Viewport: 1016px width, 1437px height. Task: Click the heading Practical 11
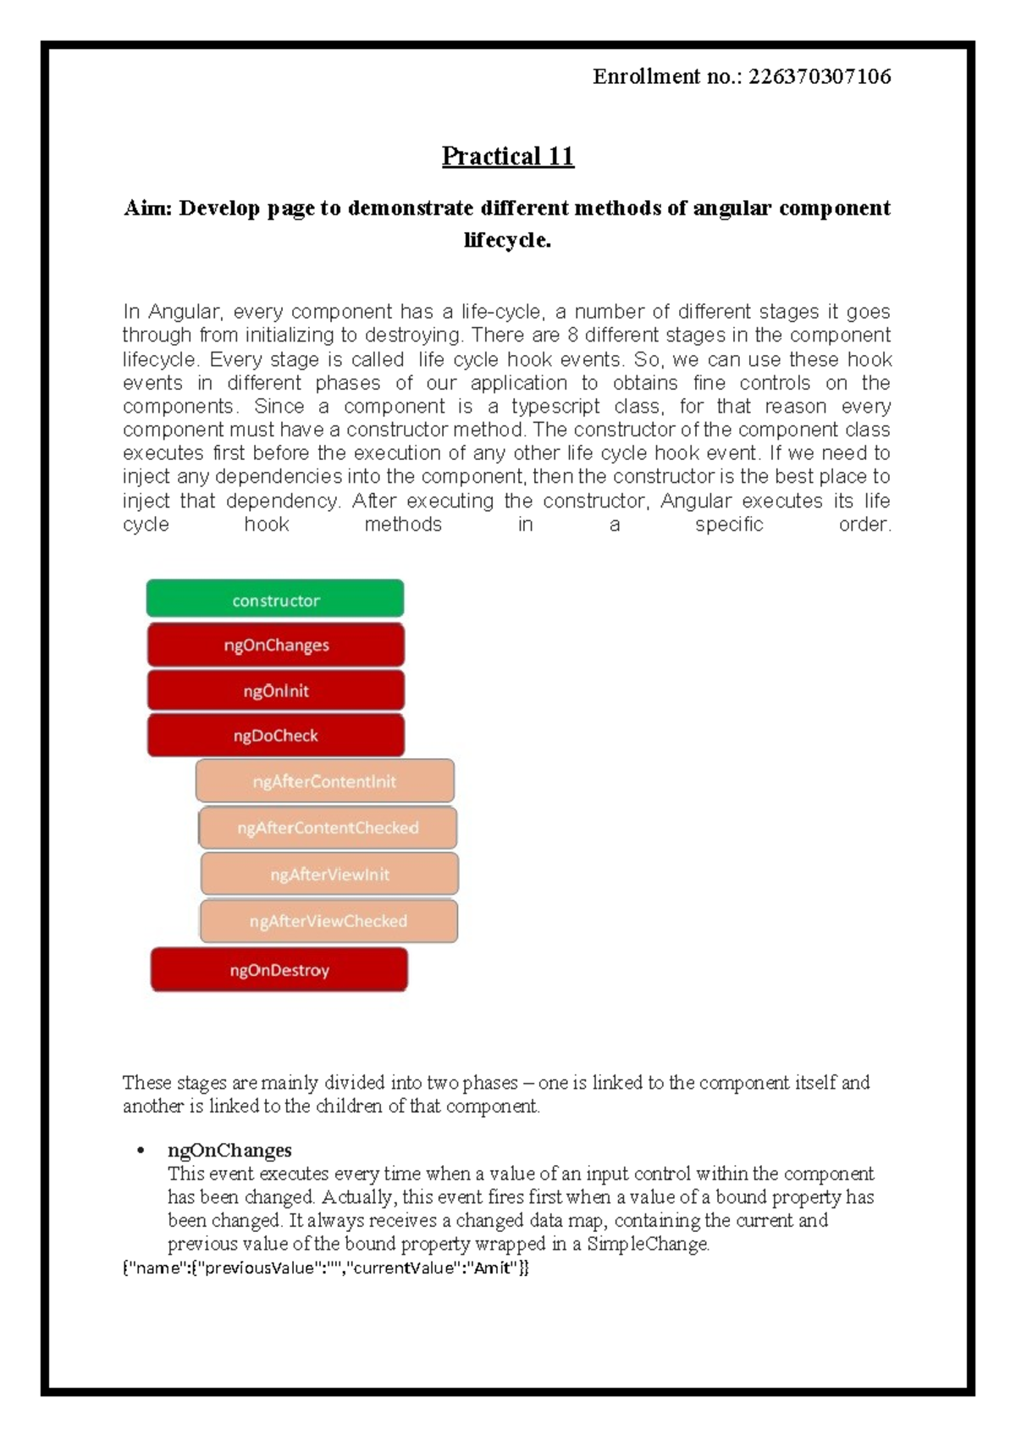[x=508, y=156]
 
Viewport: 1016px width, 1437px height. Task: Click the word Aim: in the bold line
[x=148, y=208]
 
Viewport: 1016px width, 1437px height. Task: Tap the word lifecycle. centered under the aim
[x=507, y=241]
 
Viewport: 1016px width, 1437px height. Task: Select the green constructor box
[x=275, y=599]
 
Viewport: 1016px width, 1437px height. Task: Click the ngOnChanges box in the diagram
[x=275, y=645]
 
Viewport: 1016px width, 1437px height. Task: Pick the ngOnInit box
[x=275, y=691]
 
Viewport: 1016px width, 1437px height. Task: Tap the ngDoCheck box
[x=275, y=735]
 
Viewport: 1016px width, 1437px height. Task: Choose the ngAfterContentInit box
[x=324, y=781]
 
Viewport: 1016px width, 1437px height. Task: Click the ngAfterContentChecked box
[x=328, y=828]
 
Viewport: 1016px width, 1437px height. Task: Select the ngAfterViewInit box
[x=329, y=874]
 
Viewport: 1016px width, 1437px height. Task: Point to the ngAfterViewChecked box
[x=329, y=921]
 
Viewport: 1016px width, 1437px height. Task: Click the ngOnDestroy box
[x=279, y=969]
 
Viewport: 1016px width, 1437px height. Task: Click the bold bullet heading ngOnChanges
[x=229, y=1150]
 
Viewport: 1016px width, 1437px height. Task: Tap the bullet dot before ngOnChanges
[x=140, y=1151]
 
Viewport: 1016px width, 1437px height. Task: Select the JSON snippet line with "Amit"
[x=326, y=1268]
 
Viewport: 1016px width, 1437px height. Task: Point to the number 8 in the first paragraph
[x=573, y=336]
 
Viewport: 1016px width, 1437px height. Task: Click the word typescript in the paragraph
[x=555, y=407]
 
